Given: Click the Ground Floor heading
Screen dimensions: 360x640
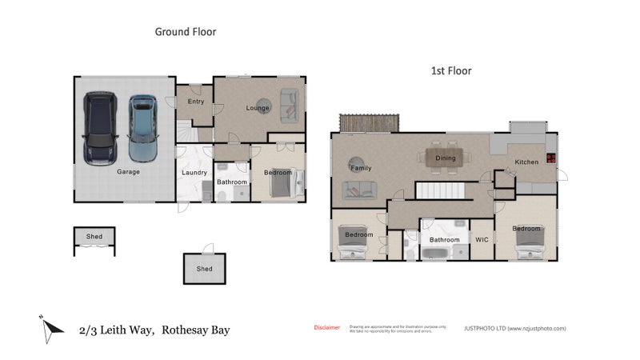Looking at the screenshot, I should [185, 32].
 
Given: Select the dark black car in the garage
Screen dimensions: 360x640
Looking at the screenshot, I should [100, 128].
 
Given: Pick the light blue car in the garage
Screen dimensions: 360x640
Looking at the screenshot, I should [142, 127].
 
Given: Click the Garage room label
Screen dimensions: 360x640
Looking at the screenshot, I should [129, 171].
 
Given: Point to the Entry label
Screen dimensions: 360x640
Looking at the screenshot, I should [195, 102].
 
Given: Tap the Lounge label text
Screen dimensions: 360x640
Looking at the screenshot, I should [257, 107].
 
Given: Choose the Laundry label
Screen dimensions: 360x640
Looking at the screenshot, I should [194, 172].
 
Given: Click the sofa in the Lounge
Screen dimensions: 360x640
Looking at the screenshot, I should [289, 102].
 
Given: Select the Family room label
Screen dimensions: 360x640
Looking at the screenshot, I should [361, 168].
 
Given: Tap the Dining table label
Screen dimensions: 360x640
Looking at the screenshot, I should [446, 158].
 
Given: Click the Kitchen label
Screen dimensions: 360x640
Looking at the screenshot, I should [526, 162].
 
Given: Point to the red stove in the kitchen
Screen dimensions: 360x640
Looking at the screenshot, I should [550, 158].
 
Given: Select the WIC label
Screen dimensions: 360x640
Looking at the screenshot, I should [482, 239].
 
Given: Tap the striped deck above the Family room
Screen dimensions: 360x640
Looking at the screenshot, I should [369, 123].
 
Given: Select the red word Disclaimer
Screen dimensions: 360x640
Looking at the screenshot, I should [326, 328].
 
